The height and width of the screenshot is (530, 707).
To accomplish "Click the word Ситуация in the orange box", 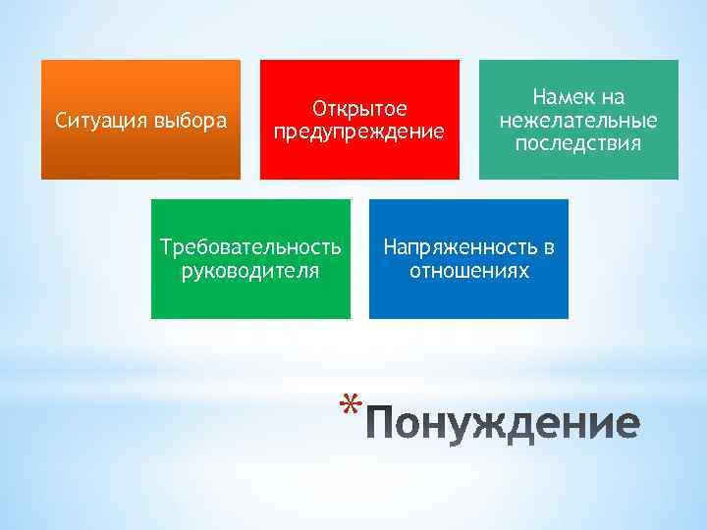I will (102, 122).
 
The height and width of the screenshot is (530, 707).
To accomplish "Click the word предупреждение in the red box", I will (359, 131).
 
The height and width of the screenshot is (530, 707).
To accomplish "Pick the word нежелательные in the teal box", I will (578, 121).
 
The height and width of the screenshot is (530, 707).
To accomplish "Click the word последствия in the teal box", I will (578, 143).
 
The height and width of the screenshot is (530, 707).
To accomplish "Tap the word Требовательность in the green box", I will (251, 247).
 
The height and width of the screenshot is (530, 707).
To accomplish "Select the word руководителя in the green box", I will (250, 270).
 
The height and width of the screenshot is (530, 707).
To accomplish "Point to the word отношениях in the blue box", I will (469, 270).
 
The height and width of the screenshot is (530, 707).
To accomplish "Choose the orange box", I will (140, 157).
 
